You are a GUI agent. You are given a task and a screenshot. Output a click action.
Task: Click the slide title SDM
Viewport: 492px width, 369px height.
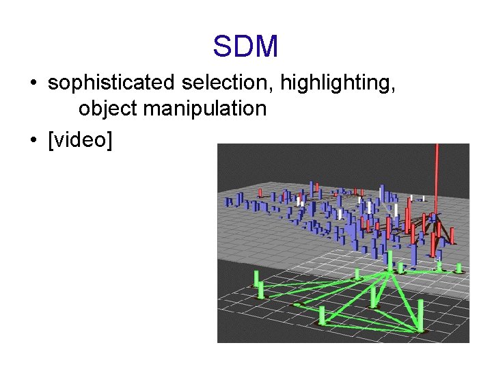tap(245, 46)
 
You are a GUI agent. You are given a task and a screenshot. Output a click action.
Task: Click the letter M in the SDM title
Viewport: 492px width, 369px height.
tap(264, 46)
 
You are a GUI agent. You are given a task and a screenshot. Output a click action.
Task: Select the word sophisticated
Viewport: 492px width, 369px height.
tap(111, 83)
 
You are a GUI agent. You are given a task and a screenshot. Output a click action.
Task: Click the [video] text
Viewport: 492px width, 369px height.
tap(80, 140)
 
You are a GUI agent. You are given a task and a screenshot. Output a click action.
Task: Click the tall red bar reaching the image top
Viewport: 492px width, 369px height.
tap(437, 178)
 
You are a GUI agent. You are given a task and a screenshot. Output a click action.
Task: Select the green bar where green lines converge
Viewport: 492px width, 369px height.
tap(390, 261)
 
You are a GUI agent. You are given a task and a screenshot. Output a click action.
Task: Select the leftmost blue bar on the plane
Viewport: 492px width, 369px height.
tap(229, 202)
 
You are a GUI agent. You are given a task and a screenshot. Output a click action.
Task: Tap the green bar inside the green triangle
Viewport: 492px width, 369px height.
tap(374, 295)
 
